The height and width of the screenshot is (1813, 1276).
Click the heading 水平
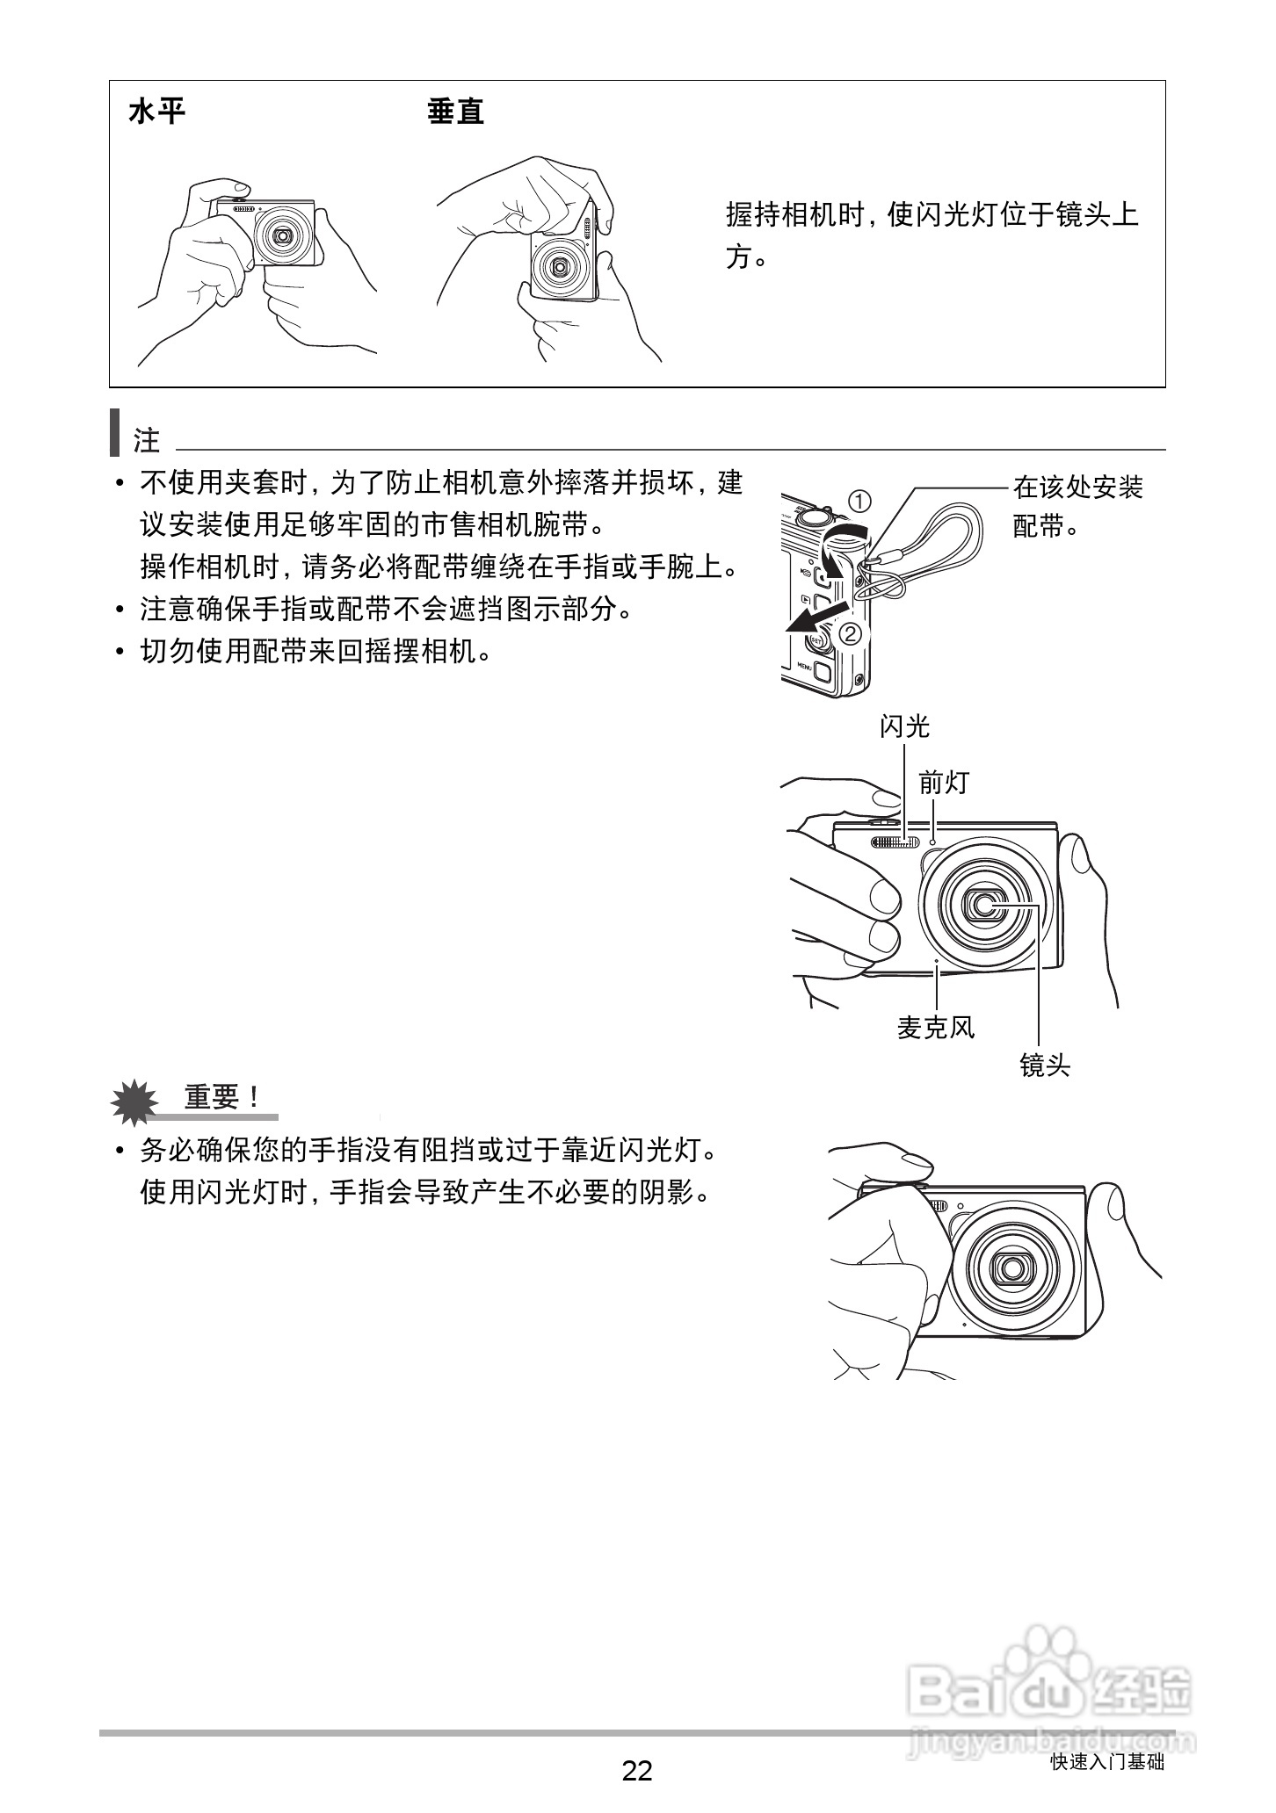157,112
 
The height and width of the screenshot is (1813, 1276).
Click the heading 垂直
455,112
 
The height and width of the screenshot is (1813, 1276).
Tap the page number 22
637,1770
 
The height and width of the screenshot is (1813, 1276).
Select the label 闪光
904,726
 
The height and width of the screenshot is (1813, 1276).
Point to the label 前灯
944,781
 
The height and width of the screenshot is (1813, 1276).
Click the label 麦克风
935,1027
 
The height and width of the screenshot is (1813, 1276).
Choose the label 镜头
1045,1065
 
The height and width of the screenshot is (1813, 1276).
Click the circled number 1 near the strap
859,502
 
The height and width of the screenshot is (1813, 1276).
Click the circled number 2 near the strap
851,632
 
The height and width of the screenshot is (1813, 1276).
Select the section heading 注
146,440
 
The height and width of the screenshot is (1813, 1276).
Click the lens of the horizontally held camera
283,235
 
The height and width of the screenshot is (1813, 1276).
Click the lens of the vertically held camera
558,266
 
